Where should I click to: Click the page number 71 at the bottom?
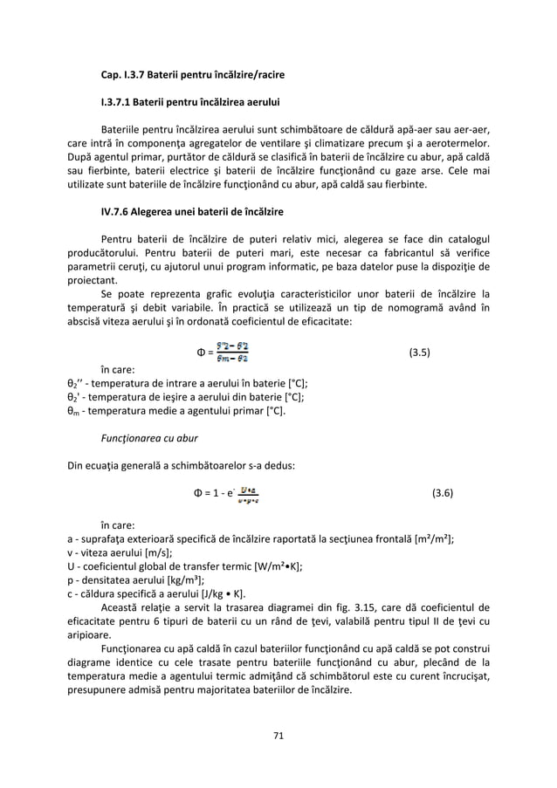pos(278,736)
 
